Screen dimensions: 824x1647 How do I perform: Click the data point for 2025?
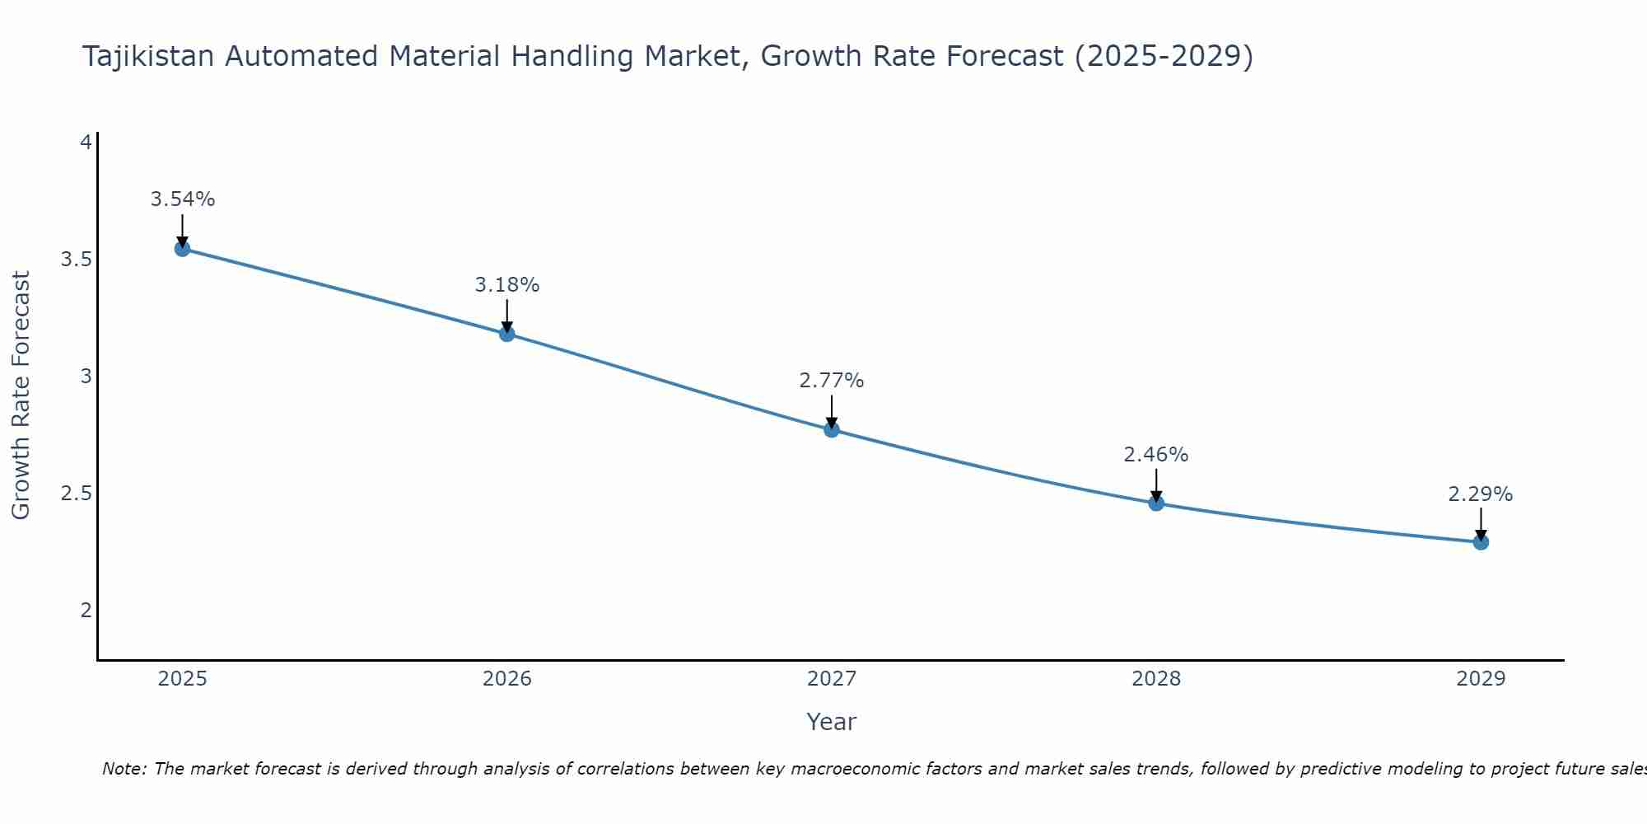(182, 248)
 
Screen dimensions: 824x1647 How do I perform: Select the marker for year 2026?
(506, 333)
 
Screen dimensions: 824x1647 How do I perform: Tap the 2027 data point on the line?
(831, 429)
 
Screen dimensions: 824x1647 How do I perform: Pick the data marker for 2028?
(1155, 503)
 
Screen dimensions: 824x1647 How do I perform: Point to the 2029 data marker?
(1480, 541)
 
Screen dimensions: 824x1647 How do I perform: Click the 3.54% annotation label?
(182, 199)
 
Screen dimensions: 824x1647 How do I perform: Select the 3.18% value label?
(506, 285)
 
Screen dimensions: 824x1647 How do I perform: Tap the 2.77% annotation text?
(831, 381)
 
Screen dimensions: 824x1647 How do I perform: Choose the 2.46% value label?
(1155, 455)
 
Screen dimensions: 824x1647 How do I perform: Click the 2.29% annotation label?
(1480, 494)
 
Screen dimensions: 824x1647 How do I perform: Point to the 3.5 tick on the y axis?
(76, 260)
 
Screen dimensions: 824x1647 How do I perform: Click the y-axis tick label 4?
(85, 143)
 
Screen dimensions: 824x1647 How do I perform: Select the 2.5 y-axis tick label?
(76, 494)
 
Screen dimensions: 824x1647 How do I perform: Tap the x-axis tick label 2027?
(831, 679)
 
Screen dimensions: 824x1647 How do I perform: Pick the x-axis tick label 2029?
(1480, 679)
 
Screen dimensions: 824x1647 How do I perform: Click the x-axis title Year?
(831, 722)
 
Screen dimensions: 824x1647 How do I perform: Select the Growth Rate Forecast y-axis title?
(21, 395)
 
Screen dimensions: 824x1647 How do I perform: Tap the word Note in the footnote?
(123, 769)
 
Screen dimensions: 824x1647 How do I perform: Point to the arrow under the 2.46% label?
(1155, 485)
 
